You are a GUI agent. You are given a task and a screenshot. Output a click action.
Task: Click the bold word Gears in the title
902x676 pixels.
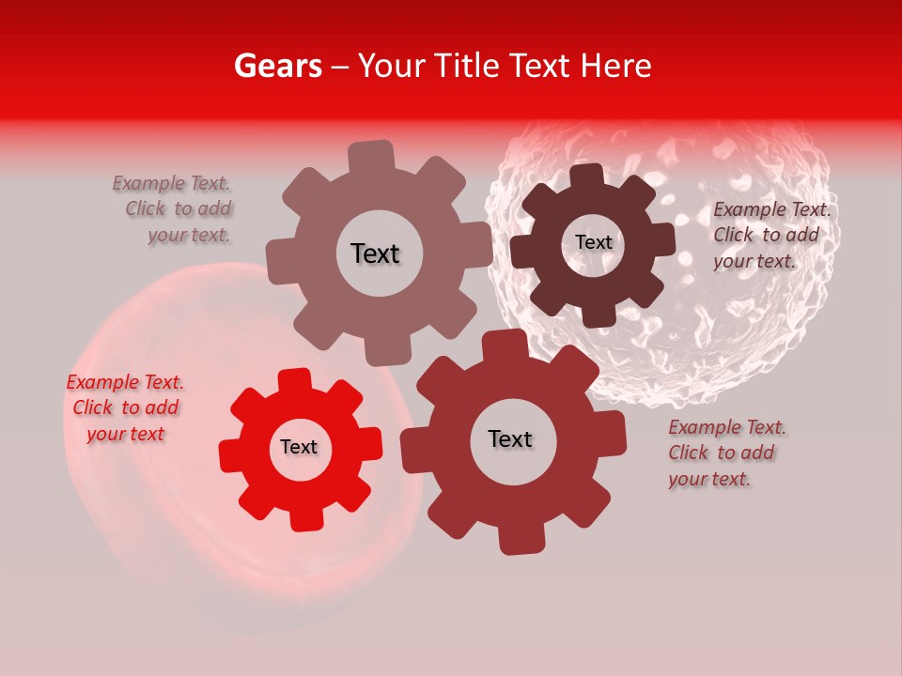(276, 66)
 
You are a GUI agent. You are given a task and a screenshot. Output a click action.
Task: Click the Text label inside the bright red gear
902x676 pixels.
(299, 448)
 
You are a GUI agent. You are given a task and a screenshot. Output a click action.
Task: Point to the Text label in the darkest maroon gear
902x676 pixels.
(593, 242)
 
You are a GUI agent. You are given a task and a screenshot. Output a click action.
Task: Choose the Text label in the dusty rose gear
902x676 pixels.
(375, 253)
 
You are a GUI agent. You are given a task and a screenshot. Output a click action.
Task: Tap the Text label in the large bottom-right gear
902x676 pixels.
(510, 439)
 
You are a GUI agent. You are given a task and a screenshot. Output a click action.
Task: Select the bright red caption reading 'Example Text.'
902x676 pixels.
(125, 382)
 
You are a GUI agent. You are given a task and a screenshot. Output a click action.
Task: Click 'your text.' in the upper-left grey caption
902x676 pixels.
(190, 236)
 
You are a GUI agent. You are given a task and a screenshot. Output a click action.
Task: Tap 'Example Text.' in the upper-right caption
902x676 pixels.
(771, 209)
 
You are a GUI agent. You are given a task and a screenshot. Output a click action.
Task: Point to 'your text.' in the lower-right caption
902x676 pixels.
(709, 479)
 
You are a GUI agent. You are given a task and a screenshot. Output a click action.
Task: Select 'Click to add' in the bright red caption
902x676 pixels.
(126, 407)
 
